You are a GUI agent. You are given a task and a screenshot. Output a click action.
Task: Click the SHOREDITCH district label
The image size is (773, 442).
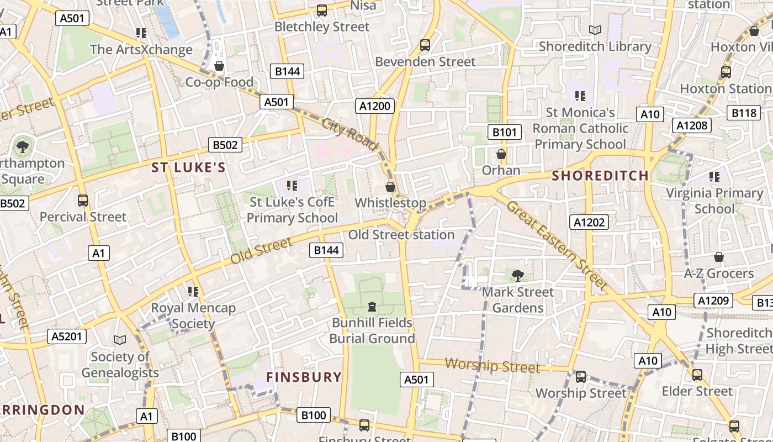tap(600, 176)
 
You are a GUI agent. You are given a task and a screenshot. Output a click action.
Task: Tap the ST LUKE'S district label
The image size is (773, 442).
tap(189, 167)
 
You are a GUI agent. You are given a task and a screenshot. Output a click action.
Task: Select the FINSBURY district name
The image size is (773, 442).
tap(304, 377)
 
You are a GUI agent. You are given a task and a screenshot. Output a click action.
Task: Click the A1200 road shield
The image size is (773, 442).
tap(375, 106)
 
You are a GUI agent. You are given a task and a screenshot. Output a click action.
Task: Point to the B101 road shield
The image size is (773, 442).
tap(505, 132)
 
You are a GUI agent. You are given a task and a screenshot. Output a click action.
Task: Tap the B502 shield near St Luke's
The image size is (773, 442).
tap(225, 145)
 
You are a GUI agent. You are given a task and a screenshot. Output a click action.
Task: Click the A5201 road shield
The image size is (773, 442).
tap(67, 336)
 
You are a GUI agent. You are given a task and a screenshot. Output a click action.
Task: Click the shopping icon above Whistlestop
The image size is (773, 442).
tap(390, 187)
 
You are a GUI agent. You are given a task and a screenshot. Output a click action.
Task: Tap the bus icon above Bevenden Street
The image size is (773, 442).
tap(425, 45)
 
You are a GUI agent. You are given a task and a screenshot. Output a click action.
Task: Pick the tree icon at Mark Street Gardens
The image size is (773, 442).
tap(517, 275)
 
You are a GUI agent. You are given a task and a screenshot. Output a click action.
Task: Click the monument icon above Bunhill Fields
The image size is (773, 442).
tap(372, 306)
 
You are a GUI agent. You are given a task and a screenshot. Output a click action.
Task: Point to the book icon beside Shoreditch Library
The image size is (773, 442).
tap(595, 30)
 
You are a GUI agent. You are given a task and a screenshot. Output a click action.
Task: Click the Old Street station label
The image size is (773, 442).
tap(401, 234)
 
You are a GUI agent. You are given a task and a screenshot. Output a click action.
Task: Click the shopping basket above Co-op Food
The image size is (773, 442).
tap(219, 66)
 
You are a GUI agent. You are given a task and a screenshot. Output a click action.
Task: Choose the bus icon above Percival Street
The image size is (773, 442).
tap(83, 201)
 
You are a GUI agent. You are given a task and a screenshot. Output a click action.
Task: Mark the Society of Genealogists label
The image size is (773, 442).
tap(120, 365)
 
